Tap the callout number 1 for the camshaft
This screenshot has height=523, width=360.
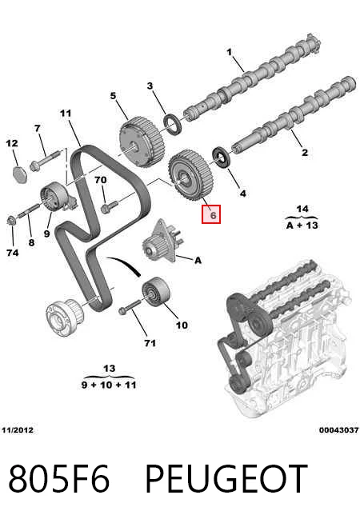pos(230,52)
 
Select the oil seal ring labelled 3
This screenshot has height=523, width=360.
pos(173,124)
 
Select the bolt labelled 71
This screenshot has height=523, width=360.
pos(130,307)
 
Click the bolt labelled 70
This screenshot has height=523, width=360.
pos(109,206)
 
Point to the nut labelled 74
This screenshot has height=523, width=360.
pos(11,221)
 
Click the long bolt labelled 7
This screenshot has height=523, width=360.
pos(45,160)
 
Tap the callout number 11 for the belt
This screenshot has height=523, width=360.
pos(66,114)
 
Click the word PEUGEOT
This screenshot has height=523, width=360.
pos(226,479)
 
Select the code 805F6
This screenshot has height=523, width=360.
pos(59,479)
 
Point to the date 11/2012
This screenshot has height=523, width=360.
pos(18,429)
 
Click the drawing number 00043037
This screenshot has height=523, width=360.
pos(338,430)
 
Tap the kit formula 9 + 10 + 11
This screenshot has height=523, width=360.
pos(109,385)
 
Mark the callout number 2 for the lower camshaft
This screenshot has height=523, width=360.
pos(305,153)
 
